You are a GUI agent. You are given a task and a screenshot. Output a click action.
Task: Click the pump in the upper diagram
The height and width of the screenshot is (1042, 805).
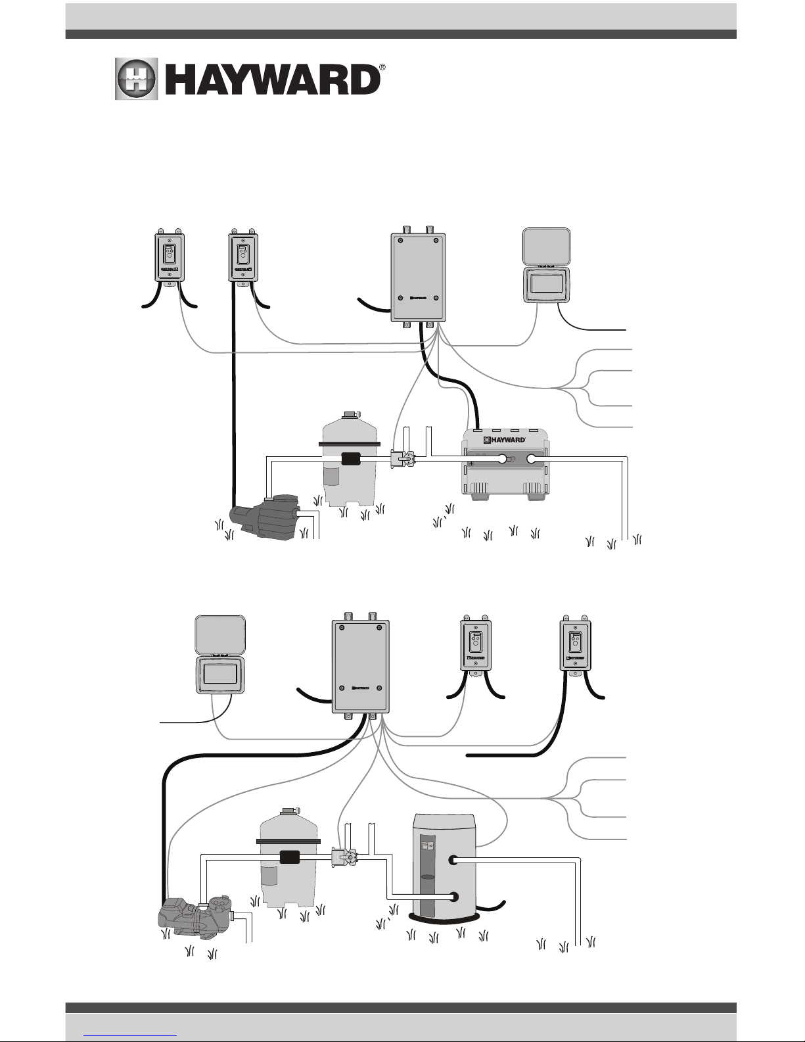pyautogui.click(x=266, y=516)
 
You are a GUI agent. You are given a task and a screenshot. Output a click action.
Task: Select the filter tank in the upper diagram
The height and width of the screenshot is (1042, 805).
pyautogui.click(x=349, y=460)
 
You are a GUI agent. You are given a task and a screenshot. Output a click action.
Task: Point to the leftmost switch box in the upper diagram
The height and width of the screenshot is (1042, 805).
pyautogui.click(x=170, y=258)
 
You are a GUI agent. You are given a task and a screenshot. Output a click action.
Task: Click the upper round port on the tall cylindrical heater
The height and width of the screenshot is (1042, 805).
pyautogui.click(x=453, y=860)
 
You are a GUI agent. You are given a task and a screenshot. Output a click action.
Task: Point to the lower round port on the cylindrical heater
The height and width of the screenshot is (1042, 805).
pyautogui.click(x=453, y=895)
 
